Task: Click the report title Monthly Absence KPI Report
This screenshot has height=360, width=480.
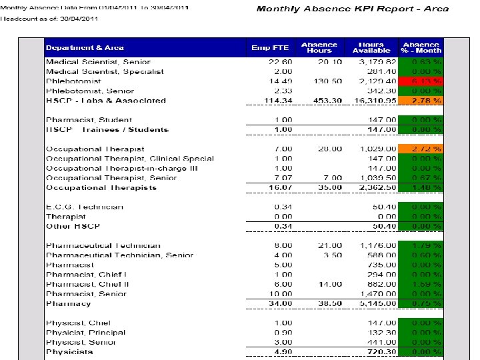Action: click(353, 9)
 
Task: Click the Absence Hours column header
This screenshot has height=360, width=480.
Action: click(319, 47)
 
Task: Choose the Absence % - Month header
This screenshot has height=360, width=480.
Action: click(421, 47)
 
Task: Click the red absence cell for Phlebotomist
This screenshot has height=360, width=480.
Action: click(421, 81)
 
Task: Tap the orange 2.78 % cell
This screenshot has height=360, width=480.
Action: click(421, 101)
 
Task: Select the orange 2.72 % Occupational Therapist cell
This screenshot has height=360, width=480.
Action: click(421, 149)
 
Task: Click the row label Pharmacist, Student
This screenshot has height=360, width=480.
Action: click(81, 120)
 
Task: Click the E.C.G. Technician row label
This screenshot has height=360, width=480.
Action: click(84, 207)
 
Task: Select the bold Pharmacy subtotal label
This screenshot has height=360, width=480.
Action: click(68, 304)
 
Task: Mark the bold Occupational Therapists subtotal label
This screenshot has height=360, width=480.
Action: click(101, 188)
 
